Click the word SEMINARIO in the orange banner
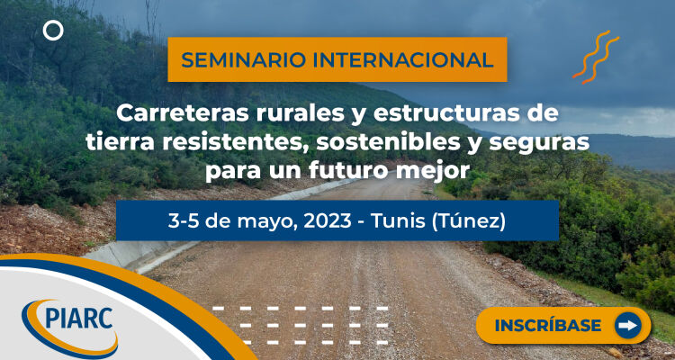point(243,60)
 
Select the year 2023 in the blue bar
point(328,221)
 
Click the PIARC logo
point(69,327)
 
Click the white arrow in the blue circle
point(627,326)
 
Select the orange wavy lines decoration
point(596,57)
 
